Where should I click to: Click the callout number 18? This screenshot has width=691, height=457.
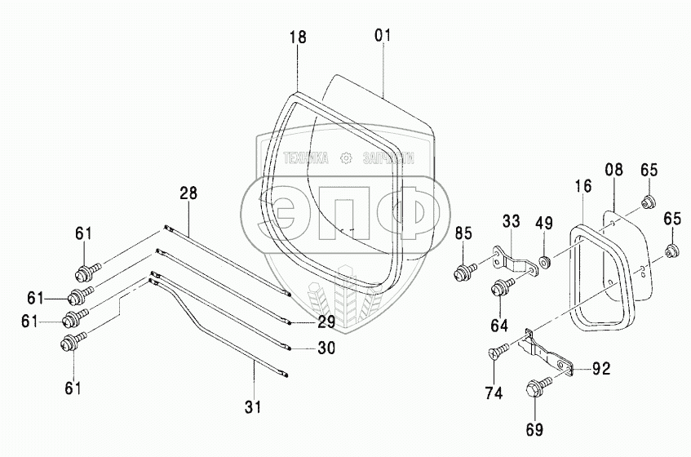tap(297, 38)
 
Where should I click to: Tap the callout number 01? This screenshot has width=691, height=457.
tap(383, 35)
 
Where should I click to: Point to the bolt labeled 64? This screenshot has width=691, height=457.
tap(500, 286)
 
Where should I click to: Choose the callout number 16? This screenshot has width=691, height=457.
tap(582, 187)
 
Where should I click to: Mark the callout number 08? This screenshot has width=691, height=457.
tap(613, 170)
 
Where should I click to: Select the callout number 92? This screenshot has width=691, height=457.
tap(601, 368)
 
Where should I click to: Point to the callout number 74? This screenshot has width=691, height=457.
tap(494, 393)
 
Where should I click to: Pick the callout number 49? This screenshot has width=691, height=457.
tap(543, 223)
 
